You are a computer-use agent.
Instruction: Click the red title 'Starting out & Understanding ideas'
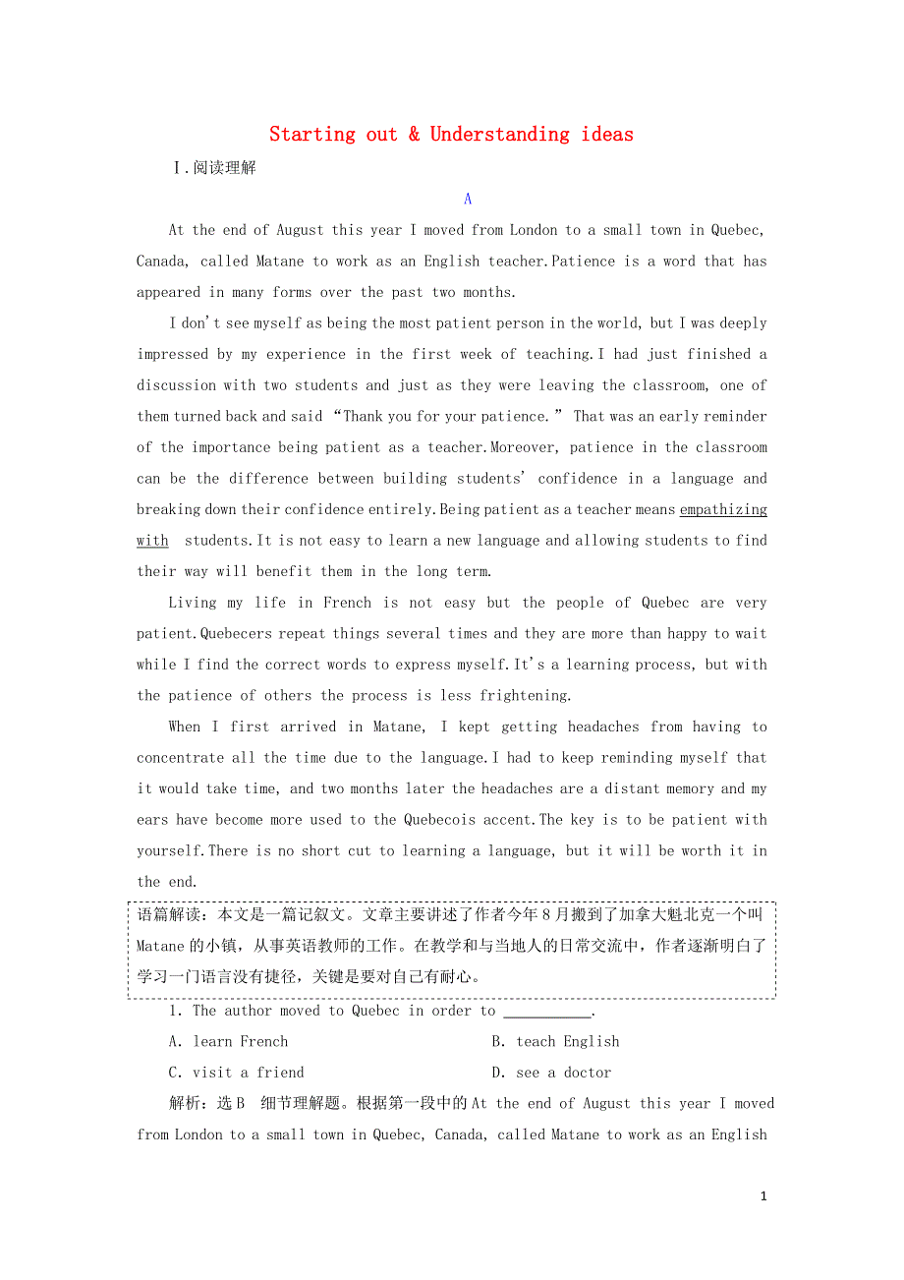451,135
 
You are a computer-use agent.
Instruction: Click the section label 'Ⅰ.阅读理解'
213,168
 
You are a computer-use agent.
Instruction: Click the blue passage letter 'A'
468,199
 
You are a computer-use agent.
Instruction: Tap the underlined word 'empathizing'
723,509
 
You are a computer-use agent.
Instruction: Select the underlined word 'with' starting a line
152,541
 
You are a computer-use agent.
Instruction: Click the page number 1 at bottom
763,1196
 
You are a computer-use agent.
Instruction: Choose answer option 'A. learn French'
229,1042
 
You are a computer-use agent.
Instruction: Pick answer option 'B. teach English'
555,1042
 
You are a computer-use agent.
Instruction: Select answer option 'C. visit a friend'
237,1073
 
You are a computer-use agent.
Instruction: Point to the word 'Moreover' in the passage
523,447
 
